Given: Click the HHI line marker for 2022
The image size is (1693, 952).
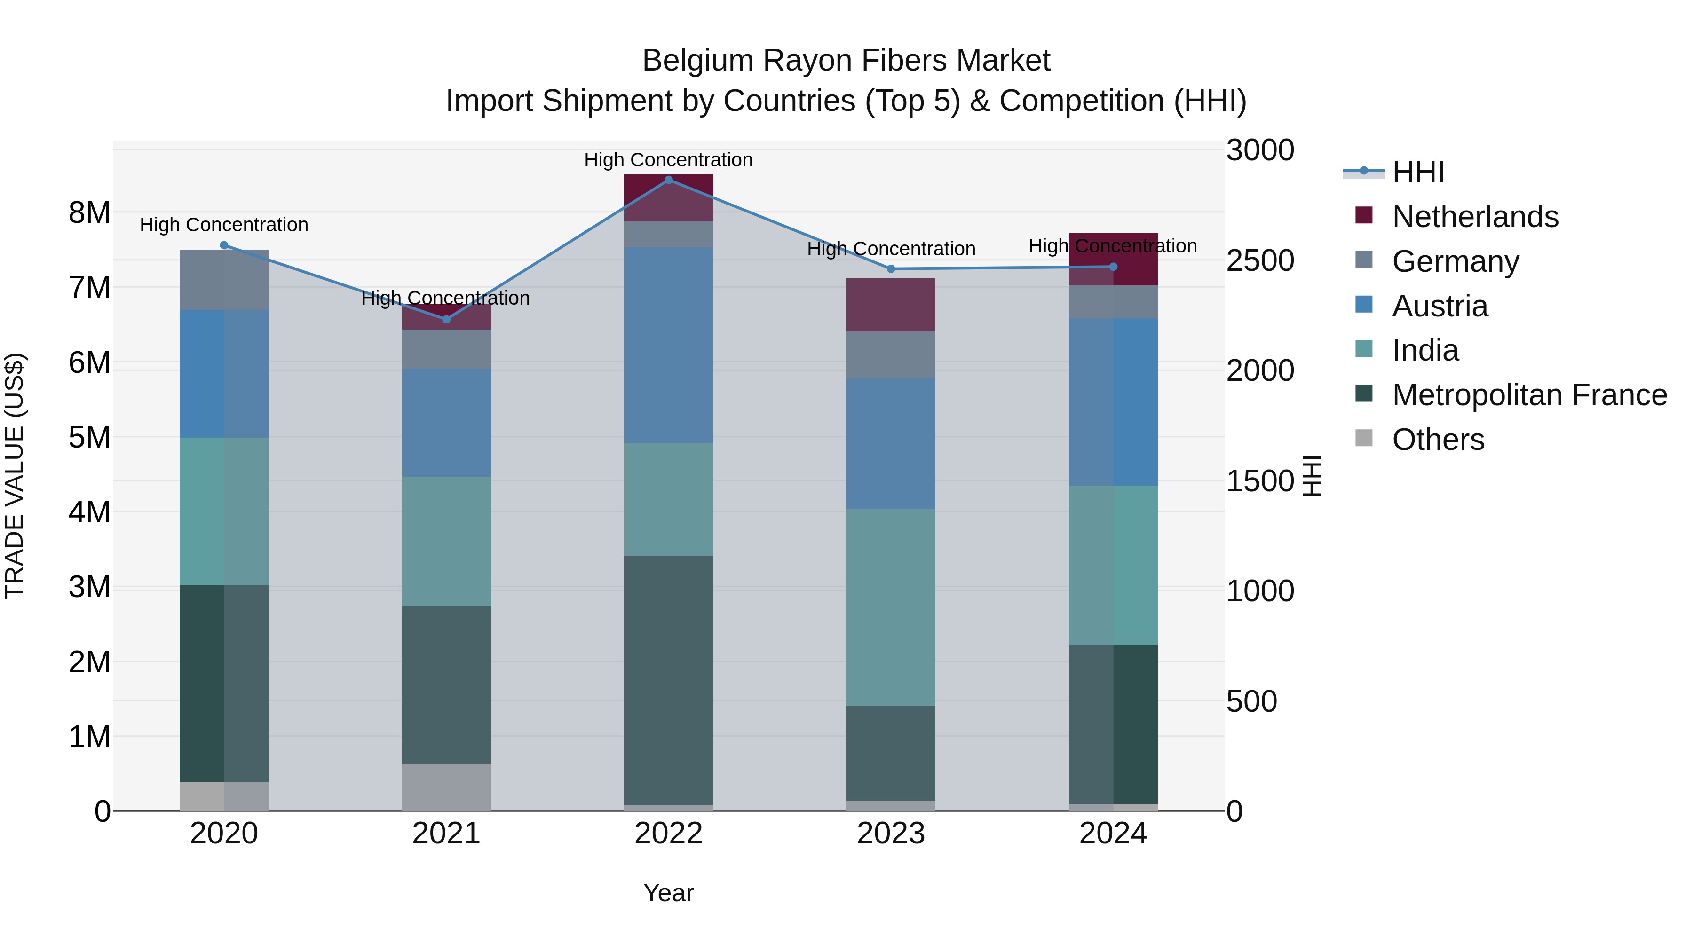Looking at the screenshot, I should click(668, 180).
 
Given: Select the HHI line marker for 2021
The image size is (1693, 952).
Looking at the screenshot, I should click(446, 319).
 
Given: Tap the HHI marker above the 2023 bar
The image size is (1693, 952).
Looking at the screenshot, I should click(891, 269).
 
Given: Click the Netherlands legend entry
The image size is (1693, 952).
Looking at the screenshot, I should click(1474, 217).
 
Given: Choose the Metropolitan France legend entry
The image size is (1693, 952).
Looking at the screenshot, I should click(1529, 395).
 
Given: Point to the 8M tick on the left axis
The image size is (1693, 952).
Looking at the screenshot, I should click(89, 213).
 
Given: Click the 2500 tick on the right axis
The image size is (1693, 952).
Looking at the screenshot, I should click(1260, 261).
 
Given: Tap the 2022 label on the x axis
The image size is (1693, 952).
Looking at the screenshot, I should click(668, 834).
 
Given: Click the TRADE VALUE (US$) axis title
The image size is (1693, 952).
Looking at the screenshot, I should click(15, 476).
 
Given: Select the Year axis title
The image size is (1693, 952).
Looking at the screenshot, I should click(668, 893).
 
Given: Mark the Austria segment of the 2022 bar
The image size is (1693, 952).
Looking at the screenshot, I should click(668, 345).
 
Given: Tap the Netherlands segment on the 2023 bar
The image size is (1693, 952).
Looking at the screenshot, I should click(891, 305).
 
